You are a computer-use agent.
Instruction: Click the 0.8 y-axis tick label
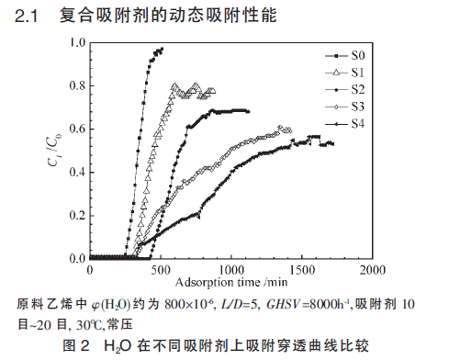pos(77,86)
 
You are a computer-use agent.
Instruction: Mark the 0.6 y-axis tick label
pos(77,129)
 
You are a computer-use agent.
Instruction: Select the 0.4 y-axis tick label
pos(77,173)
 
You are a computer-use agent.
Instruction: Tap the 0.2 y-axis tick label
pos(77,216)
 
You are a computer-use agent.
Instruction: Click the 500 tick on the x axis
pos(161,270)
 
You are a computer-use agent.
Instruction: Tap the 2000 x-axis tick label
pos(372,270)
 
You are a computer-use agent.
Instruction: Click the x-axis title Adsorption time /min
pos(229,282)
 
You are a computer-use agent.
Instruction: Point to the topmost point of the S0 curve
pos(161,50)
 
